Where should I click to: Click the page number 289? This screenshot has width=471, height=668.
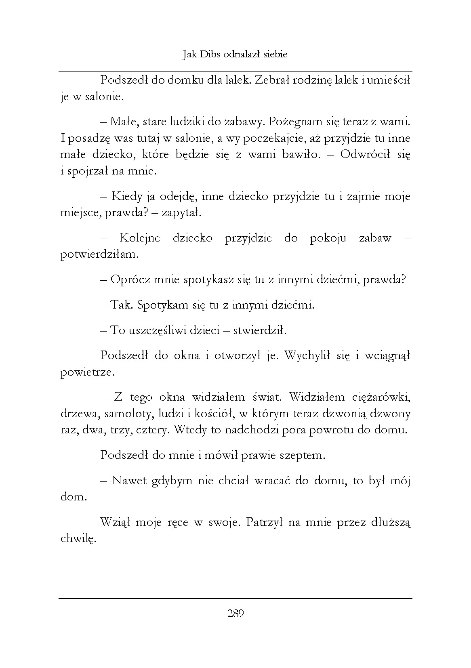pos(235,614)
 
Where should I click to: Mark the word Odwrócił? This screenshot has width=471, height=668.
pos(365,155)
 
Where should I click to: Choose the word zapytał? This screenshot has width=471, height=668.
pos(181,213)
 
